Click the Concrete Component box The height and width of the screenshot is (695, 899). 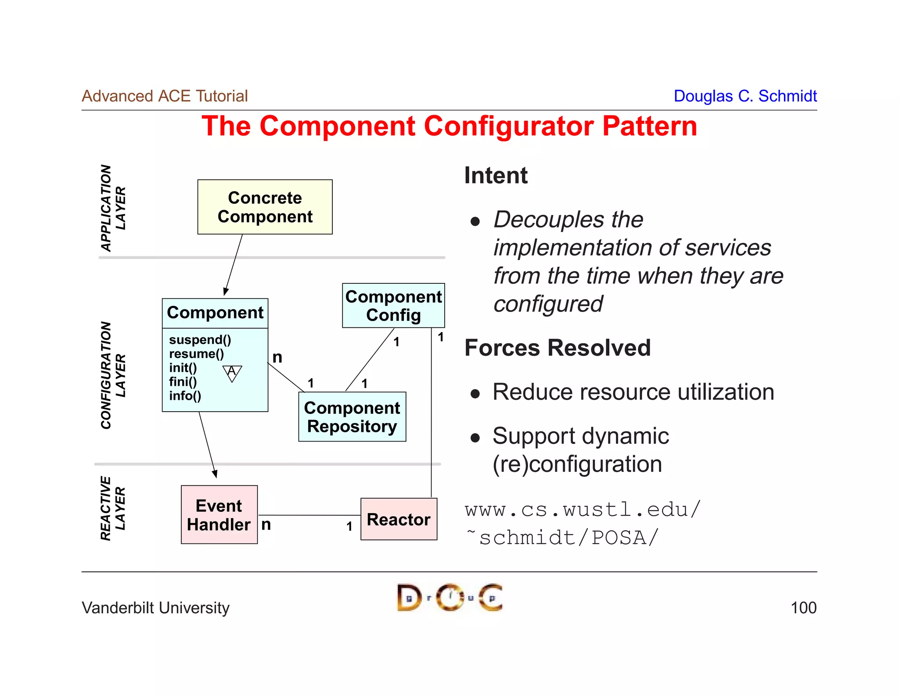[x=265, y=207]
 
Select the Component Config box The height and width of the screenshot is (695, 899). [x=393, y=306]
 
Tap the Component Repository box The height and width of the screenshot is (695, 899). [x=352, y=417]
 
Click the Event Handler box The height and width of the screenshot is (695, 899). [x=219, y=515]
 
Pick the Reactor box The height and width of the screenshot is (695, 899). [x=399, y=519]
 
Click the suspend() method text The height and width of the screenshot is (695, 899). [x=200, y=340]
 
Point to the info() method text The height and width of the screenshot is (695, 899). [x=185, y=396]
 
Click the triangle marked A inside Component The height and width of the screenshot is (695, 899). [x=232, y=373]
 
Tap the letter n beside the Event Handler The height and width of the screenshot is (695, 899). [x=266, y=525]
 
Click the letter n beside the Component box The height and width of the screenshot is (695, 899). [x=277, y=357]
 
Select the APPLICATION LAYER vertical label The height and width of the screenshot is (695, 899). [x=113, y=208]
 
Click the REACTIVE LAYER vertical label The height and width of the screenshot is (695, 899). [x=113, y=508]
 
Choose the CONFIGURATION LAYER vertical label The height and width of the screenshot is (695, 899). [x=113, y=375]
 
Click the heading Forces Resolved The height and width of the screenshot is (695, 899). [x=557, y=348]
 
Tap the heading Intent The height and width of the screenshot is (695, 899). [x=496, y=175]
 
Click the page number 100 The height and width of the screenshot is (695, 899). [x=803, y=608]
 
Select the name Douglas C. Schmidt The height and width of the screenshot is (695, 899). [x=744, y=96]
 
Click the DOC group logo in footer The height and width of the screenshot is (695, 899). [x=449, y=597]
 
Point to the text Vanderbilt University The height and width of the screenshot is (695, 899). [x=155, y=608]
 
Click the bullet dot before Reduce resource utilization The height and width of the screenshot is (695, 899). [x=475, y=393]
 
